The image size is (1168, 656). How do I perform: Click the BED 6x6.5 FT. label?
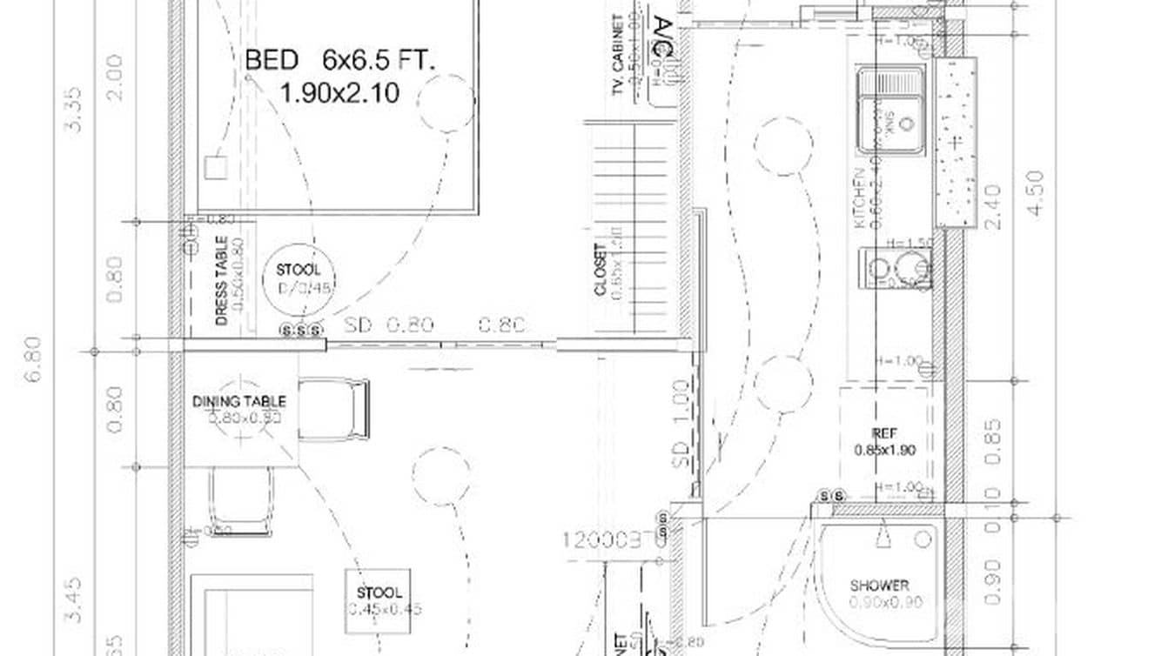tap(340, 61)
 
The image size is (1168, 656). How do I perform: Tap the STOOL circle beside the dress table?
tap(299, 278)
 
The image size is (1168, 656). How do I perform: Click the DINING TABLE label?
tap(239, 401)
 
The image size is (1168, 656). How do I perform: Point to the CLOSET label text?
tap(601, 270)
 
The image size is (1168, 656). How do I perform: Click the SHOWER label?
tap(879, 586)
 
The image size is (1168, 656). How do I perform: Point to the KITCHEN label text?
tap(859, 198)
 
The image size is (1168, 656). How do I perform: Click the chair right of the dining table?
tap(335, 408)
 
